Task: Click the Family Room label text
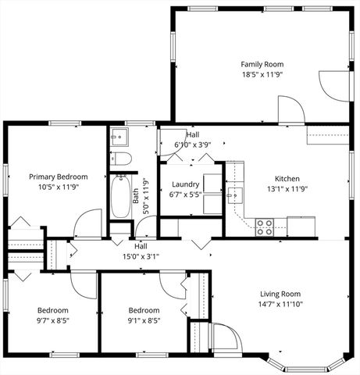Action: (x=262, y=64)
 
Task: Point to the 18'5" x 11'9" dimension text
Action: (x=262, y=75)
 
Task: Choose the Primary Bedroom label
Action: (x=59, y=177)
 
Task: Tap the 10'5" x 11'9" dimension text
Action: (x=59, y=187)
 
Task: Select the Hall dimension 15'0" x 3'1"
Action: (x=141, y=255)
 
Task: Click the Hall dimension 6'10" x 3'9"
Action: (x=192, y=145)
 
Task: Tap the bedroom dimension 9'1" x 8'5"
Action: (x=144, y=320)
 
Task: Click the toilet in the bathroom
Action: (x=120, y=159)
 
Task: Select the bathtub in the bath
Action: (x=121, y=197)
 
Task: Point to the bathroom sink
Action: (x=119, y=137)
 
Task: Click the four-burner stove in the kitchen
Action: (x=266, y=227)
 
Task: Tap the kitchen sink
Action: (x=234, y=195)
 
